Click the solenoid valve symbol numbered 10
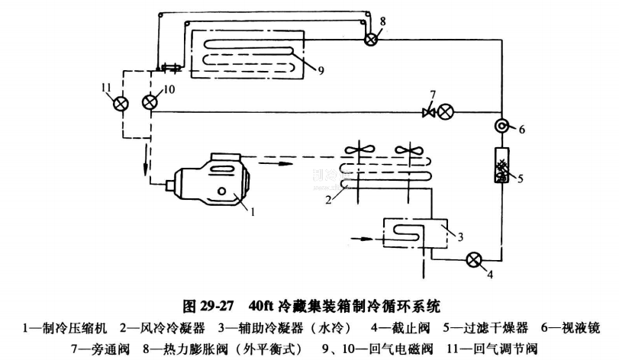point(151,103)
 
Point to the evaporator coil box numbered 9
point(247,54)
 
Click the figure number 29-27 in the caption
point(214,308)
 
